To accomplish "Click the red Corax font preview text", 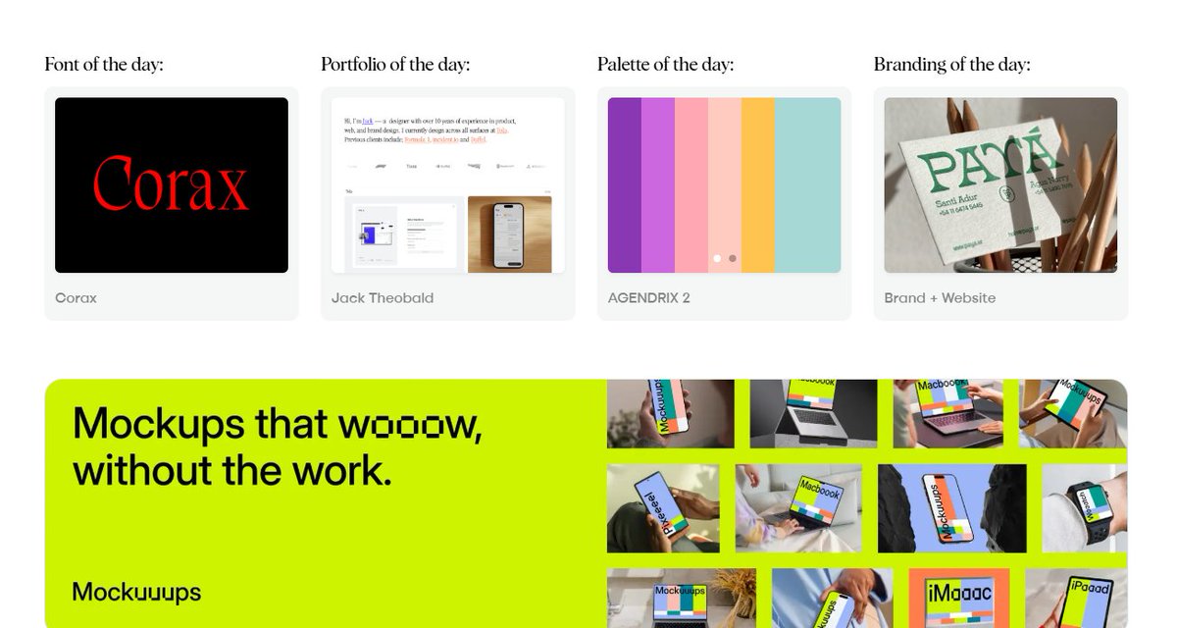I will point(171,185).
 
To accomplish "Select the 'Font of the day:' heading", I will point(104,65).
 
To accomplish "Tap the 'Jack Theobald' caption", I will point(383,297).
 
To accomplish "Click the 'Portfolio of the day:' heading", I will point(395,65).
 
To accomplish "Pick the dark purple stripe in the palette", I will point(624,184).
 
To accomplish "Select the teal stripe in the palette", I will point(807,184).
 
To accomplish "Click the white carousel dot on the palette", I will point(717,258).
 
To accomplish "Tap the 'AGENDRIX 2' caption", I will point(648,297).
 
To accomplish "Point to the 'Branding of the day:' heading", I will point(951,65).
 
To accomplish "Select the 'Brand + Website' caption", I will point(940,297).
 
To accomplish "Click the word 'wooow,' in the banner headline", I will point(410,424).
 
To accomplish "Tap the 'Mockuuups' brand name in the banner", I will point(136,592).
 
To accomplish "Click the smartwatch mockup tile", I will point(1085,507).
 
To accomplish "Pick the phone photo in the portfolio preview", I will point(509,233).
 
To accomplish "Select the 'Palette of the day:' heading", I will point(665,65).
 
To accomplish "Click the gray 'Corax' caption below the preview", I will point(76,297).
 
